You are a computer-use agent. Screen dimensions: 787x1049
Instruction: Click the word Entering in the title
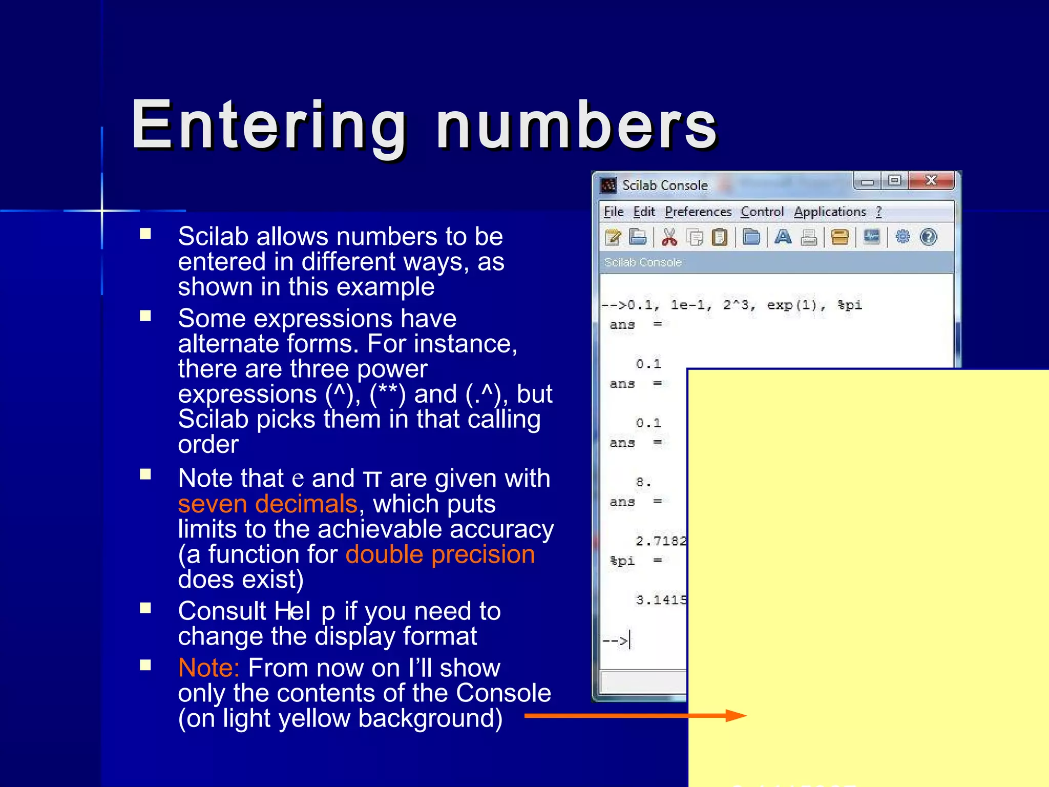pos(269,126)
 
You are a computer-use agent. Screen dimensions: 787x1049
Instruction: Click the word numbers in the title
pos(576,126)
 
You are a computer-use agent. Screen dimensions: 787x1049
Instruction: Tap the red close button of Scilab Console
pos(931,180)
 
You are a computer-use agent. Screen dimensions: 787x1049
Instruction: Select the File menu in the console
pos(614,212)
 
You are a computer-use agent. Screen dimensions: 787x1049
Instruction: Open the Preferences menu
pos(698,212)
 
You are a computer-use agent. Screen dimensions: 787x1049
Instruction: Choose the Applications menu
pos(830,212)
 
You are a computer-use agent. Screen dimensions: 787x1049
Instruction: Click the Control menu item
pos(762,212)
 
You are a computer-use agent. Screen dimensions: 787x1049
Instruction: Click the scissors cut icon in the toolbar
pos(669,237)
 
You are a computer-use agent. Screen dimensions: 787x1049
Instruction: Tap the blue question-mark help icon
pos(929,237)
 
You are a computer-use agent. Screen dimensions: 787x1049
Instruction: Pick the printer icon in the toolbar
pos(809,237)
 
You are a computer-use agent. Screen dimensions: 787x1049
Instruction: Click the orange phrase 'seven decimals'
pos(267,504)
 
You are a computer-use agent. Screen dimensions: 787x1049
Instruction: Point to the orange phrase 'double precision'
pos(440,554)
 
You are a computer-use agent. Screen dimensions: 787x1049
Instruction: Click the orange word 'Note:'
pos(208,668)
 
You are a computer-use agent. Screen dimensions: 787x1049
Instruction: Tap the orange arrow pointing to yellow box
pos(635,716)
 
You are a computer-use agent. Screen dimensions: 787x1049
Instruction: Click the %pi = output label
pos(635,561)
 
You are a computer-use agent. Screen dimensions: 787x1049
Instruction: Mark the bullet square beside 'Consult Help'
pos(146,608)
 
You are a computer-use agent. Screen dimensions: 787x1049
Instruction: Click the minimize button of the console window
pos(867,181)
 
